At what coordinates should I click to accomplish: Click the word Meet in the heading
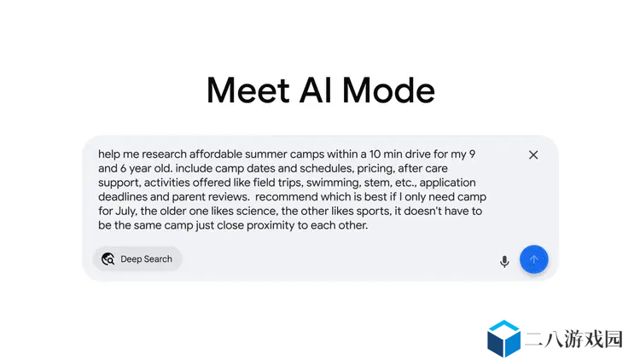click(248, 90)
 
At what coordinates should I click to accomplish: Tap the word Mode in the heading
click(388, 90)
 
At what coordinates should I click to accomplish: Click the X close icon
click(533, 155)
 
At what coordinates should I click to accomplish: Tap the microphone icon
click(504, 261)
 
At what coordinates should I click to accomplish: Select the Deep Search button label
click(146, 259)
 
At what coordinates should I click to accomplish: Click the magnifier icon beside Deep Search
click(108, 258)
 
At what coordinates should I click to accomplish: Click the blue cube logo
click(503, 339)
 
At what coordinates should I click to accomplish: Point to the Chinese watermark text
click(573, 339)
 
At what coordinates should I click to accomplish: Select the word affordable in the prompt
click(216, 154)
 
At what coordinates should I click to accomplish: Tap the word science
click(257, 212)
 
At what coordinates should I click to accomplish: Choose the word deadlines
click(123, 197)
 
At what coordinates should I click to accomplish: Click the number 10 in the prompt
click(375, 154)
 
